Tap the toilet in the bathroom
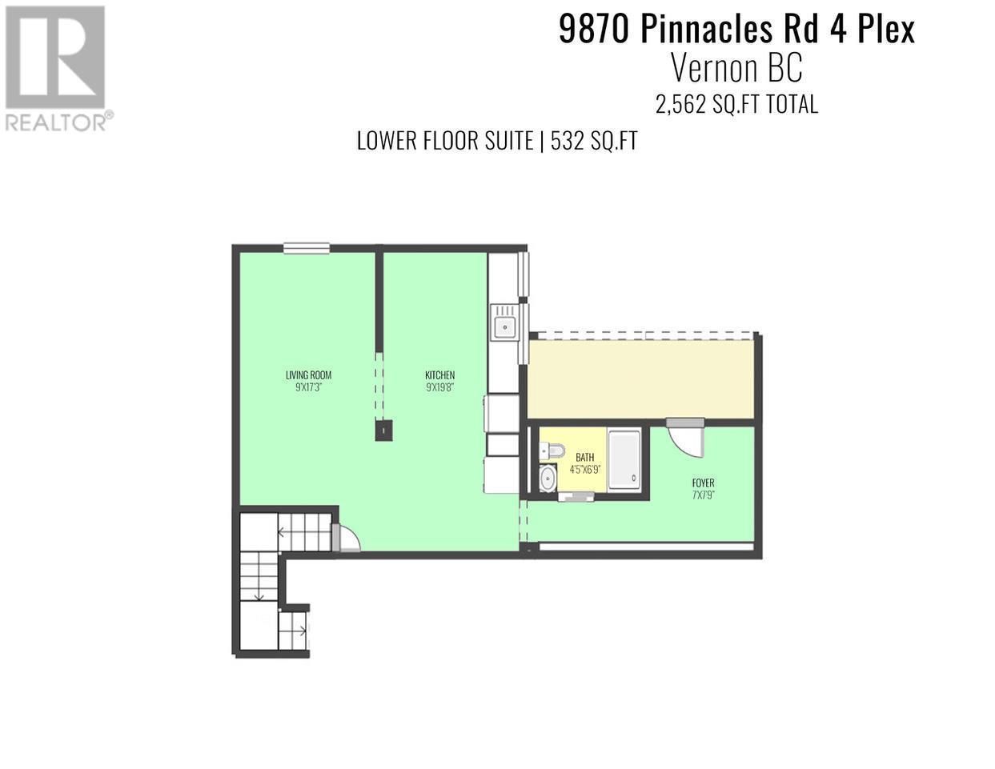click(552, 451)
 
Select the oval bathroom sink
click(548, 479)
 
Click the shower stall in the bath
click(624, 459)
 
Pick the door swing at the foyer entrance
click(687, 438)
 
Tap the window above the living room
click(306, 249)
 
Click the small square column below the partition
click(383, 431)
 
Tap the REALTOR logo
click(56, 67)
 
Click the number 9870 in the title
click(594, 30)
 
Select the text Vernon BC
click(736, 69)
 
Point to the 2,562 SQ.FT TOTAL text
click(736, 104)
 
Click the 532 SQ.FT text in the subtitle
click(594, 141)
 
